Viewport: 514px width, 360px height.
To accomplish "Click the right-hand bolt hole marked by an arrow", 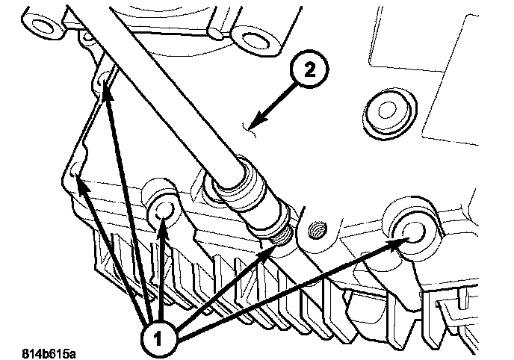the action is click(410, 229).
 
